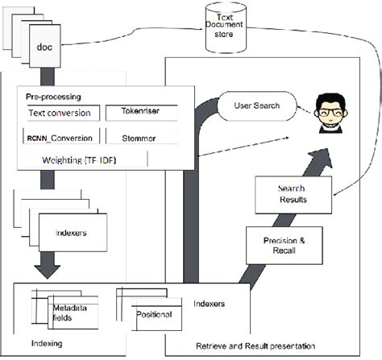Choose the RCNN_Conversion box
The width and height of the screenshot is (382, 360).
tap(60, 137)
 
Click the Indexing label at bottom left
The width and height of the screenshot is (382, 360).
tap(45, 341)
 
